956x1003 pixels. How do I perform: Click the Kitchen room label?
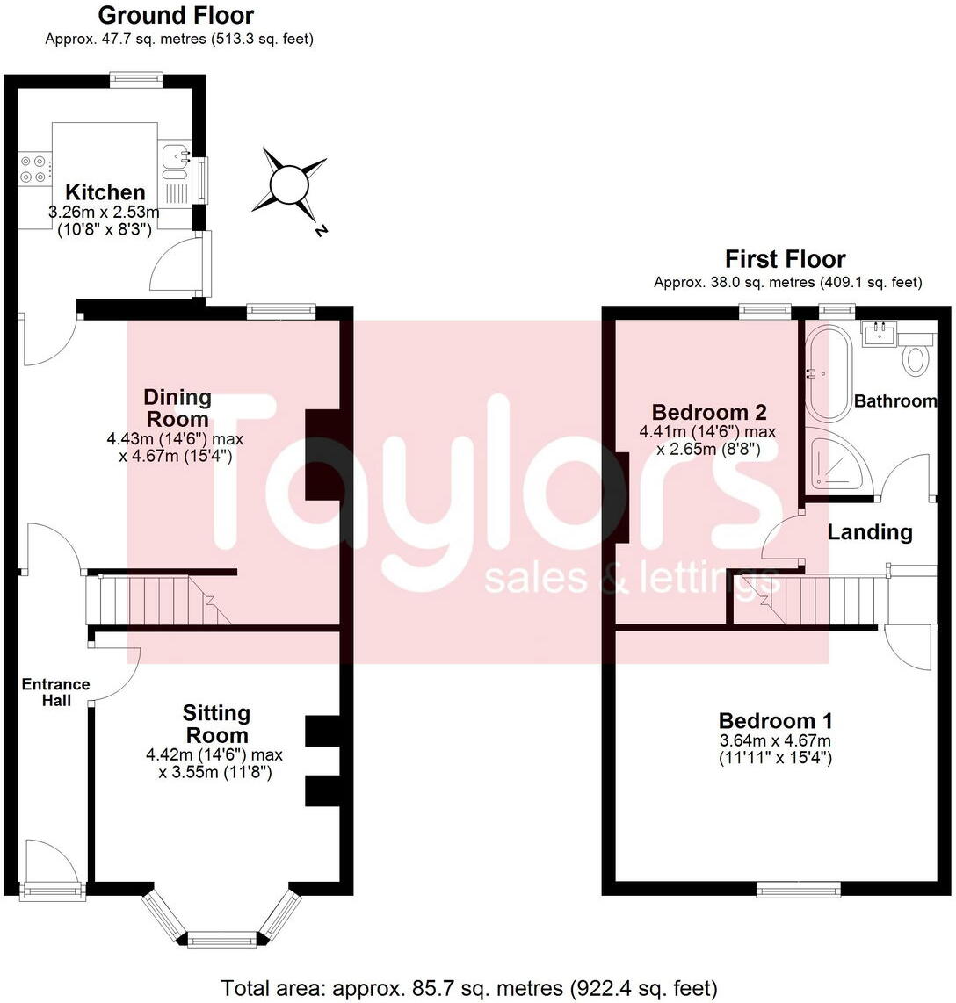coord(105,192)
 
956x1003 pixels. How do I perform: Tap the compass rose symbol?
coord(288,186)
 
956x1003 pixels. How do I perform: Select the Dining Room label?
coord(177,408)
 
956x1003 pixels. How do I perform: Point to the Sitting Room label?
coord(216,724)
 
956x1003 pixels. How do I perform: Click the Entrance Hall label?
coord(55,692)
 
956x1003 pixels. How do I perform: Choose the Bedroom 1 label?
coord(776,720)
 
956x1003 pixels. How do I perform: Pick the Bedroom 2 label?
coord(709,412)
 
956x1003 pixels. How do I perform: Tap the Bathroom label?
coord(895,401)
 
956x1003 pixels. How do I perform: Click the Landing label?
coord(870,531)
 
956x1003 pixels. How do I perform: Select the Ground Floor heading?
coord(176,15)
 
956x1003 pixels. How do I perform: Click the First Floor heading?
coord(785,259)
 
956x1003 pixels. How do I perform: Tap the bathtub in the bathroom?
coord(829,374)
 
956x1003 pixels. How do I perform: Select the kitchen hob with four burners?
coord(35,169)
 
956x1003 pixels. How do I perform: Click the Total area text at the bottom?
coord(469,988)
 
